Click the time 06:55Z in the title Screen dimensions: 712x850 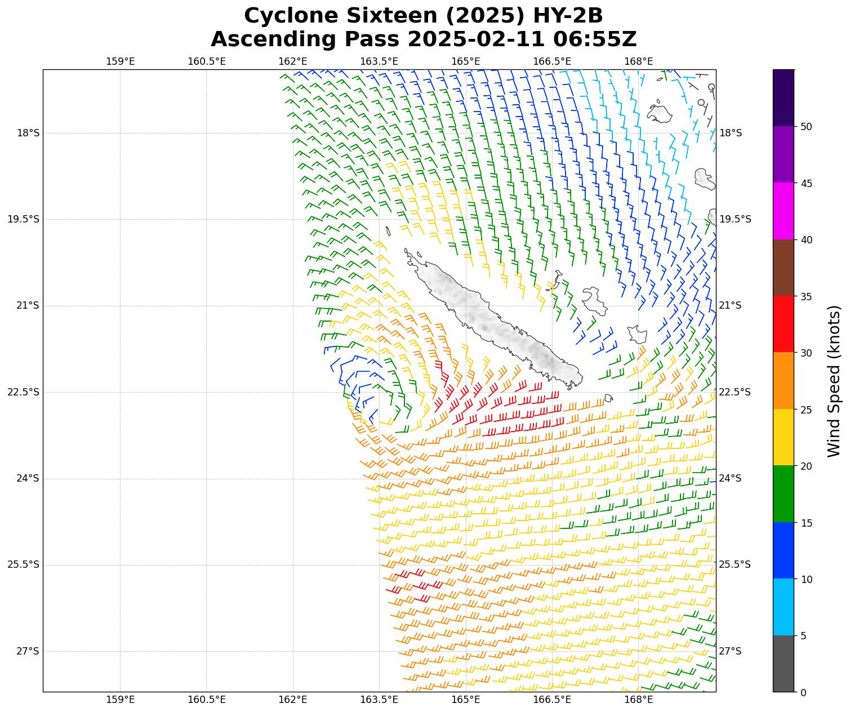click(595, 39)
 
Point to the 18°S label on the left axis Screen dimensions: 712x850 click(28, 133)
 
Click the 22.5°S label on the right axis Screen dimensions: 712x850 click(735, 392)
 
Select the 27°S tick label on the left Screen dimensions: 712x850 click(28, 651)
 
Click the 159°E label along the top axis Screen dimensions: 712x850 click(120, 61)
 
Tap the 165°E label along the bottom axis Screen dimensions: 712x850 click(466, 700)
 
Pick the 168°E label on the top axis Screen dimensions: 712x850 click(638, 61)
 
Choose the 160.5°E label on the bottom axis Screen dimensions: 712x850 click(206, 700)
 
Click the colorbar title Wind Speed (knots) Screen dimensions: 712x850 click(834, 381)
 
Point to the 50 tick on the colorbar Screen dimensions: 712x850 click(806, 126)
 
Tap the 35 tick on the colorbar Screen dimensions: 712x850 click(806, 296)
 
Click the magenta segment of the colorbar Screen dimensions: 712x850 click(783, 211)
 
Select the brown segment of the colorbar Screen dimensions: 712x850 click(783, 268)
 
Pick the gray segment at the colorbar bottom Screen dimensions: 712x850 click(783, 664)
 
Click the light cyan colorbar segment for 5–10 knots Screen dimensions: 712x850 click(783, 607)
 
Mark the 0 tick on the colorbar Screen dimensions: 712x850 click(804, 692)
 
